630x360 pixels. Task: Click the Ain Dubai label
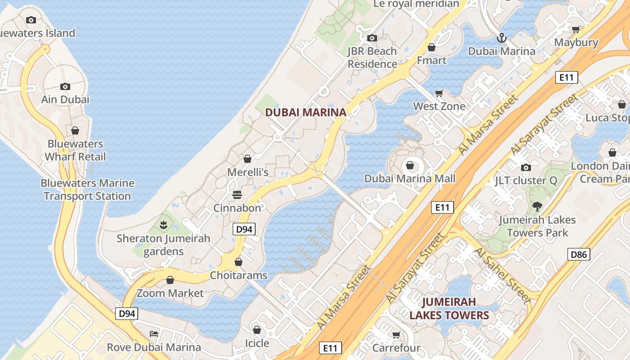pyautogui.click(x=65, y=99)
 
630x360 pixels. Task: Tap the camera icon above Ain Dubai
pyautogui.click(x=65, y=86)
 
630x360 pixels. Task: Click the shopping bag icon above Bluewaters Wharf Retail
pyautogui.click(x=75, y=130)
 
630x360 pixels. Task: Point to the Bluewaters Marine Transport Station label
pyautogui.click(x=87, y=189)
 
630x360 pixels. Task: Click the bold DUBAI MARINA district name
pyautogui.click(x=306, y=112)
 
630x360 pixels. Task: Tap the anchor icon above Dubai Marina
pyautogui.click(x=502, y=38)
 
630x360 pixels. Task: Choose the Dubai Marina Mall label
pyautogui.click(x=409, y=179)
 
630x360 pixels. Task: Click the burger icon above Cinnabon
pyautogui.click(x=237, y=195)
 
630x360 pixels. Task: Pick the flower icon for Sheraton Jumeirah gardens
pyautogui.click(x=163, y=225)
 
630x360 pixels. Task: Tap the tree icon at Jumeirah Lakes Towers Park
pyautogui.click(x=536, y=207)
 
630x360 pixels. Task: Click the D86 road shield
pyautogui.click(x=578, y=254)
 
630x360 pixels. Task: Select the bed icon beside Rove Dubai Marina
pyautogui.click(x=154, y=334)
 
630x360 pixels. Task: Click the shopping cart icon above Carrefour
pyautogui.click(x=396, y=335)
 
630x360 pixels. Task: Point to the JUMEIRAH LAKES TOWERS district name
pyautogui.click(x=449, y=308)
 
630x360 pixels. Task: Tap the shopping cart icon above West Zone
pyautogui.click(x=439, y=93)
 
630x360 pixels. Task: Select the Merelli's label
pyautogui.click(x=247, y=172)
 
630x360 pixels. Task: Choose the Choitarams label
pyautogui.click(x=239, y=275)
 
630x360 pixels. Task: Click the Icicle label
pyautogui.click(x=256, y=343)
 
